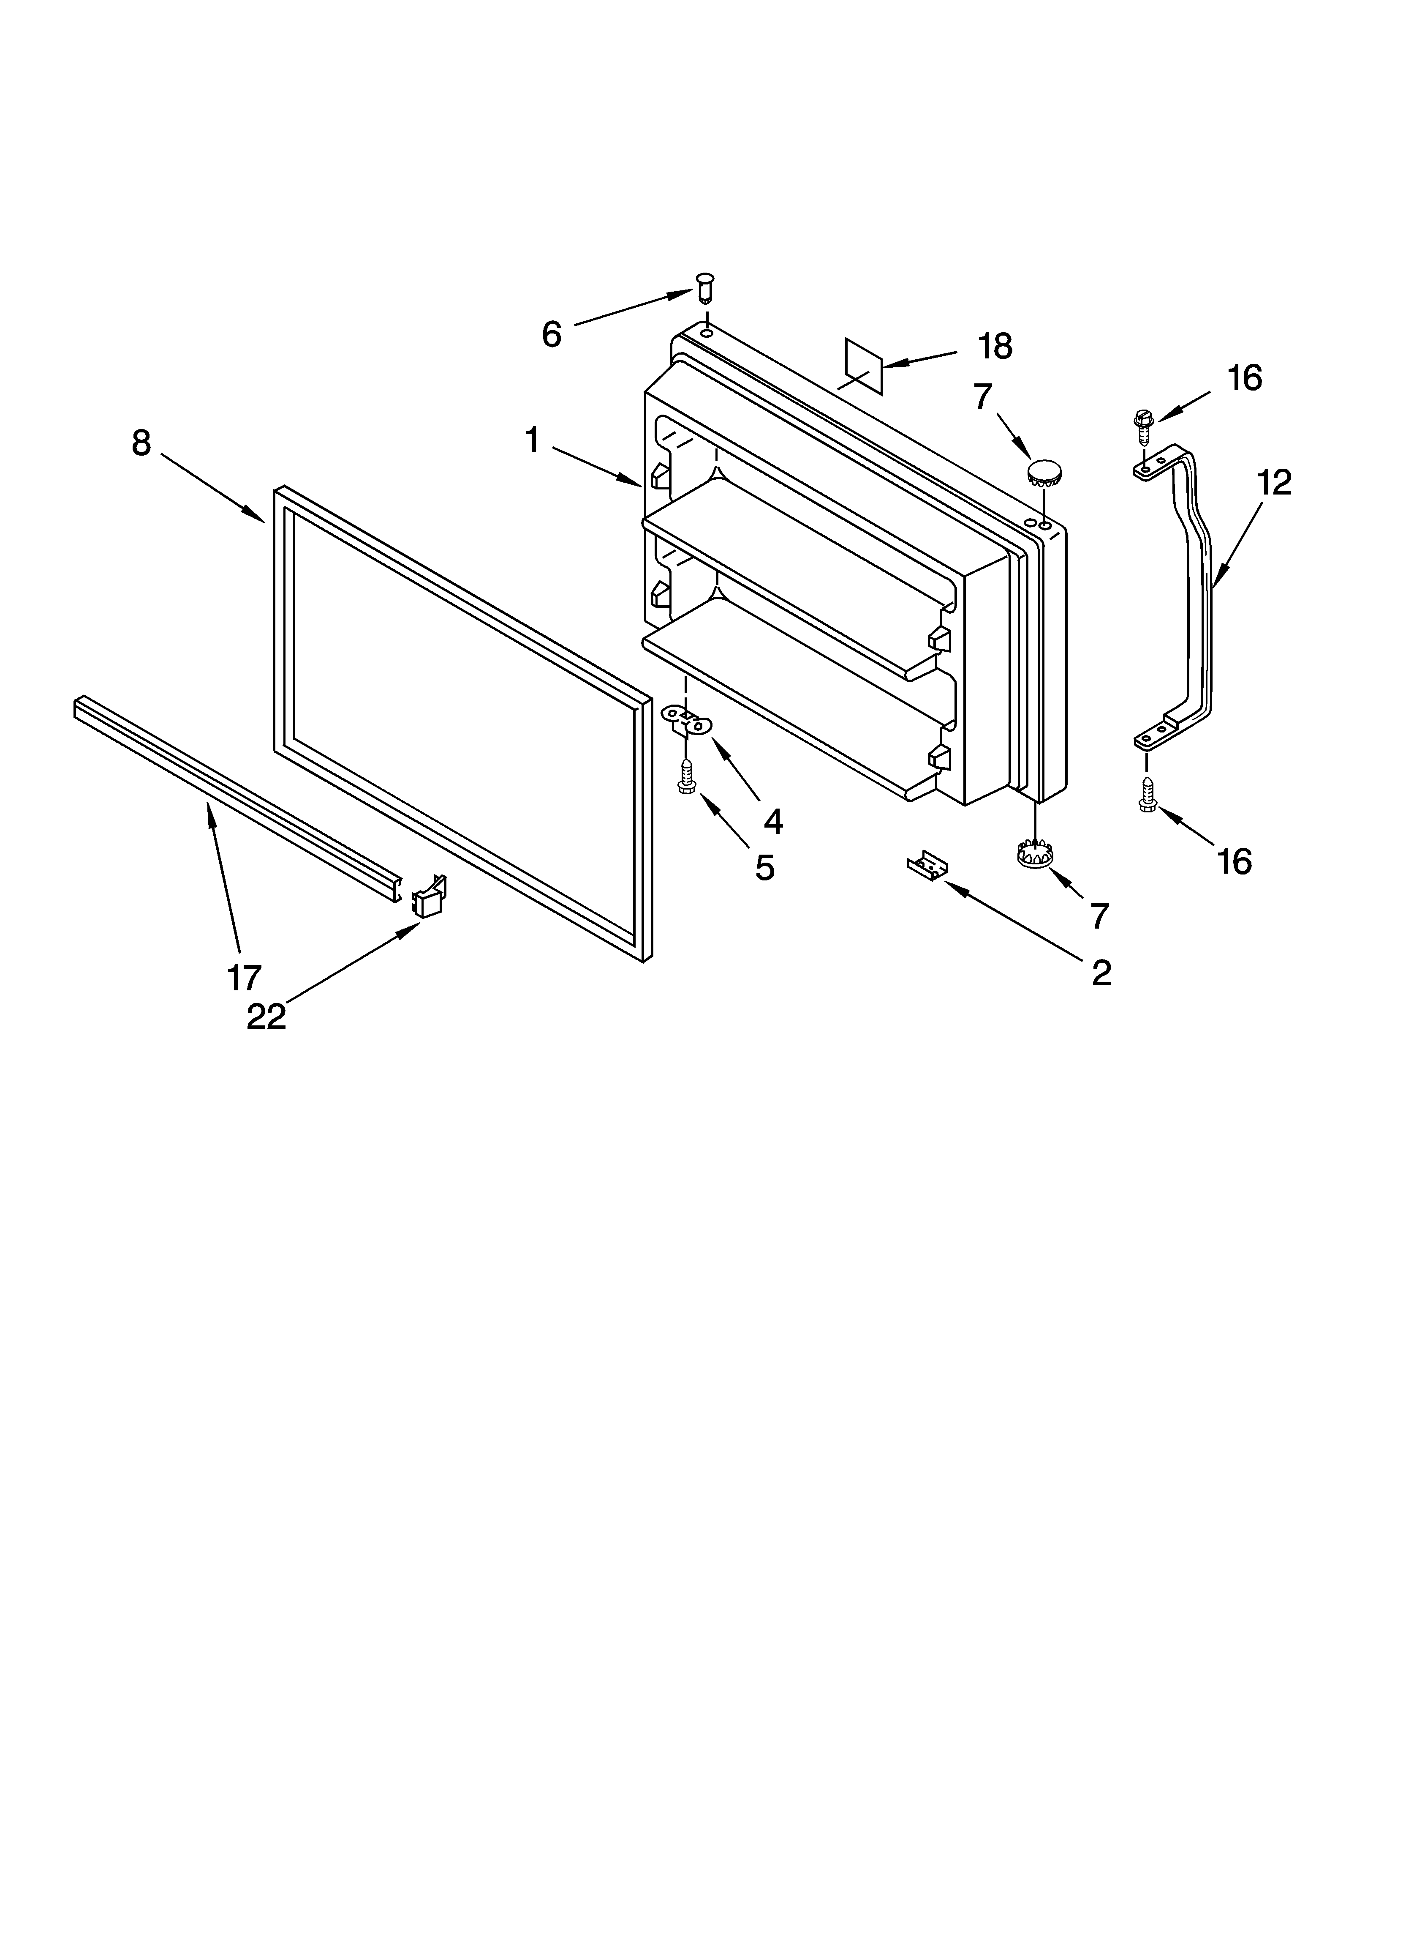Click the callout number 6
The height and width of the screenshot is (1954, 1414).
point(551,334)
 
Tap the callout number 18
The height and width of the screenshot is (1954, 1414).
point(995,346)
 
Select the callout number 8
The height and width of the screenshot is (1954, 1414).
point(141,443)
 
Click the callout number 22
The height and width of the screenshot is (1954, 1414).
point(266,1017)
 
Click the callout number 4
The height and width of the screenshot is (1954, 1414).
point(773,822)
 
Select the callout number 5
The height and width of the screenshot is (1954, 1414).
point(765,868)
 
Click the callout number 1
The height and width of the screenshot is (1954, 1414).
point(533,441)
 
